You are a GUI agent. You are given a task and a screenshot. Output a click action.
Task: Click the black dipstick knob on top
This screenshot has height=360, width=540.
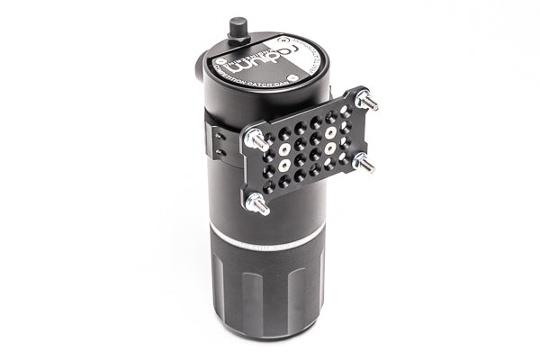[238, 26]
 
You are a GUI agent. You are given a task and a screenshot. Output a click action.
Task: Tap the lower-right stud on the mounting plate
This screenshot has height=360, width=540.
[363, 163]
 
